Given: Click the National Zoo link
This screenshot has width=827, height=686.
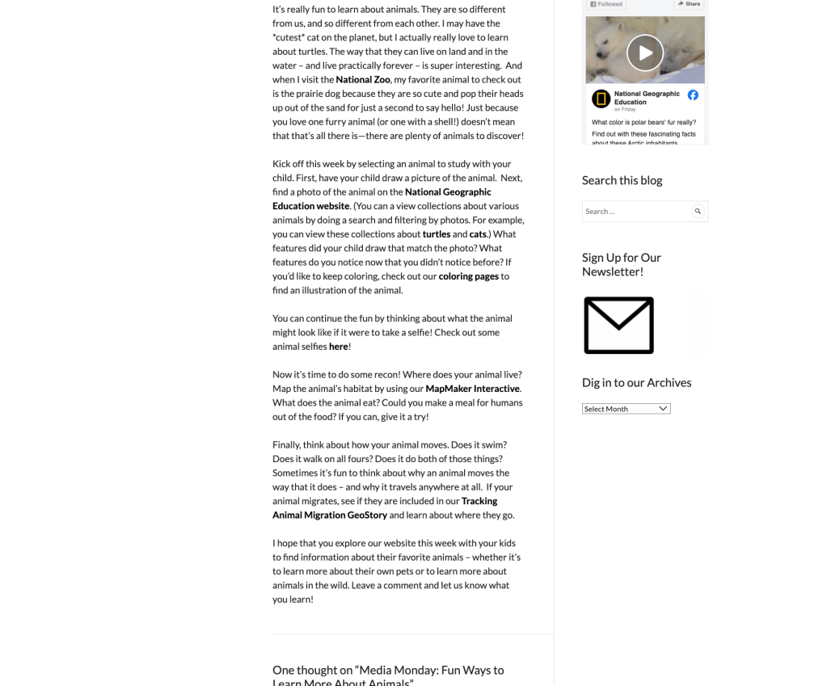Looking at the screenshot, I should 363,80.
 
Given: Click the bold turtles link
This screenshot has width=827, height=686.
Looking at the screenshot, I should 437,234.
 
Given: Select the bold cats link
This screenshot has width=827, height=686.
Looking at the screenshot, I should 478,234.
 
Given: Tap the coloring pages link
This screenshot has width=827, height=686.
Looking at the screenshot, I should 468,276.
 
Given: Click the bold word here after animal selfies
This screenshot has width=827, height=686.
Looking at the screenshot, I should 338,347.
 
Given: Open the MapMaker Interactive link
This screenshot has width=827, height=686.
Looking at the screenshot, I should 472,389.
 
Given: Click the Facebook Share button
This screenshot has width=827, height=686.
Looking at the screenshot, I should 689,4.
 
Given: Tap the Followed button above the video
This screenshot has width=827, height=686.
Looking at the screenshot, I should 606,4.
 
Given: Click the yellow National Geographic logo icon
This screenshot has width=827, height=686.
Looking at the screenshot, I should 601,99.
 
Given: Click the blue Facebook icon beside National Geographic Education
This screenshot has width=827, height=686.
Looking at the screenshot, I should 693,95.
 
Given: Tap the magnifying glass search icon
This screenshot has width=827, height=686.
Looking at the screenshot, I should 698,212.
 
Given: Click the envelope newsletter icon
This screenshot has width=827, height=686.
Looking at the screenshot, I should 618,325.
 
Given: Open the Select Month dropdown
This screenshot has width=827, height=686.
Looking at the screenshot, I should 626,409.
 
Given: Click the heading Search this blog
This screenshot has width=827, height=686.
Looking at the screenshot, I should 622,180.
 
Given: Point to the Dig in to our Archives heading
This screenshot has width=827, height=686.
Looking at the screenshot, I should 636,382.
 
